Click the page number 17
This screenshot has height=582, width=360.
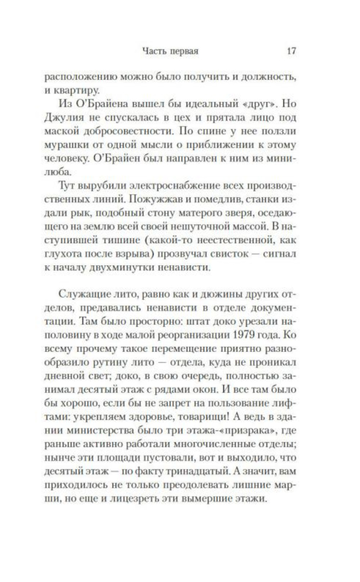tap(291, 51)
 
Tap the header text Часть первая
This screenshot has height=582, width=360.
tap(170, 51)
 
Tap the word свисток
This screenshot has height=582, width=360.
tap(231, 254)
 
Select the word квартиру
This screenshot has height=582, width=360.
tap(76, 90)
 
